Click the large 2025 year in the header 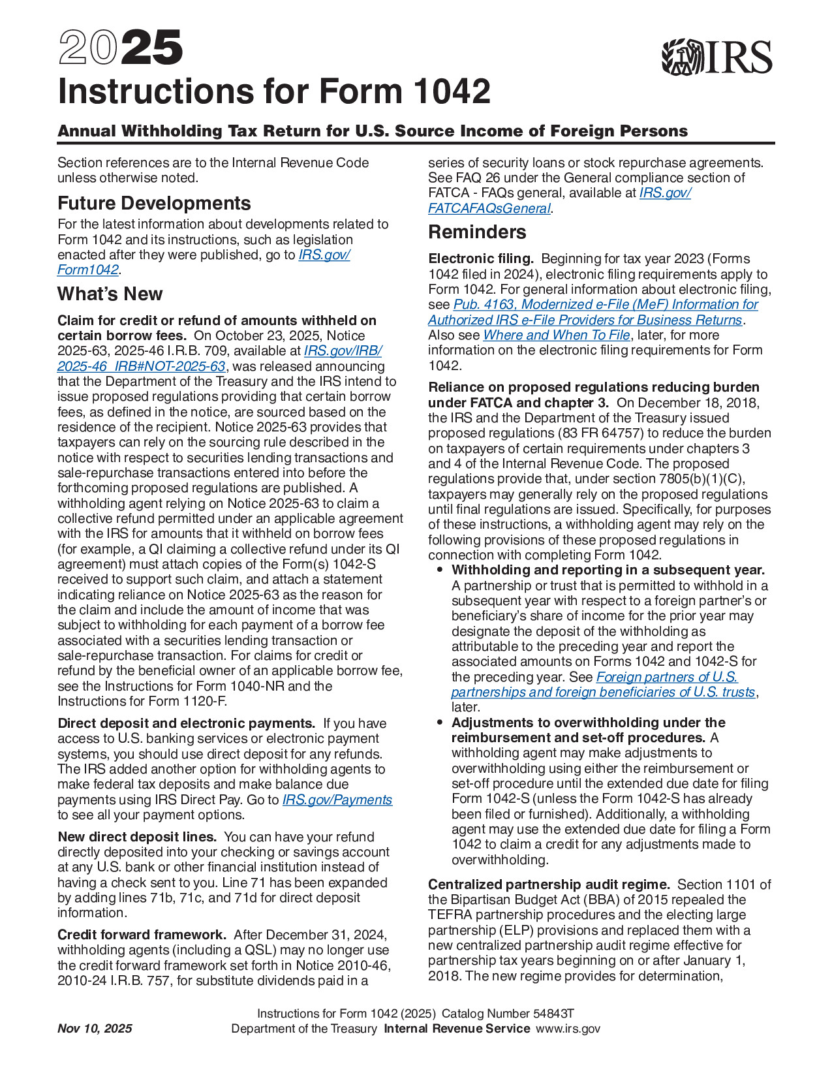(121, 48)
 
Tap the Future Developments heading (154, 204)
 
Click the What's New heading (110, 294)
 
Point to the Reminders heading (477, 232)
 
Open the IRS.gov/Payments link (337, 800)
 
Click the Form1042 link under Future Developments (88, 270)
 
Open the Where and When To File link (556, 336)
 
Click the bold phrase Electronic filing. (481, 259)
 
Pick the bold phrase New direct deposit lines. (137, 837)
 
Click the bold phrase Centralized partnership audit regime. (549, 885)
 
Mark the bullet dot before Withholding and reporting (440, 570)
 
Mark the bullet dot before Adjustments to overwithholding (440, 723)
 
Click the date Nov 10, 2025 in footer (95, 1029)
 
